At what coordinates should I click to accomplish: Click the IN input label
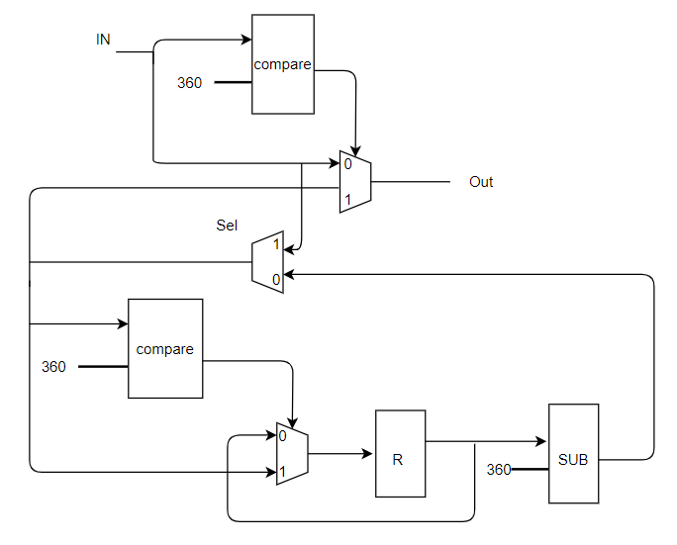coord(103,40)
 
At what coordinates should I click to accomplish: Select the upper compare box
coord(283,64)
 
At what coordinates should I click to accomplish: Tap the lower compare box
coord(165,349)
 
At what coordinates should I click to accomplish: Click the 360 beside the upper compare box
coord(189,83)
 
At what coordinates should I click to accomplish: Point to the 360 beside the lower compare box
coord(53,367)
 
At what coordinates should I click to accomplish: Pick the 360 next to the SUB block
coord(499,470)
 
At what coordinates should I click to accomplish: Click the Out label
coord(481,182)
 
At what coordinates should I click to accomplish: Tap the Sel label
coord(227,226)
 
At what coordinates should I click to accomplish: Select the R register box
coord(400,454)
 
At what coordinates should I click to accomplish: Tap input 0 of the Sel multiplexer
coord(276,280)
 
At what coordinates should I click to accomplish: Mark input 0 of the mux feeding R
coord(283,436)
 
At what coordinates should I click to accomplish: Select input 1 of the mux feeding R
coord(283,473)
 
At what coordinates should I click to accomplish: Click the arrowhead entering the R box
coord(369,455)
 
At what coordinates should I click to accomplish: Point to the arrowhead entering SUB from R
coord(542,442)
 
